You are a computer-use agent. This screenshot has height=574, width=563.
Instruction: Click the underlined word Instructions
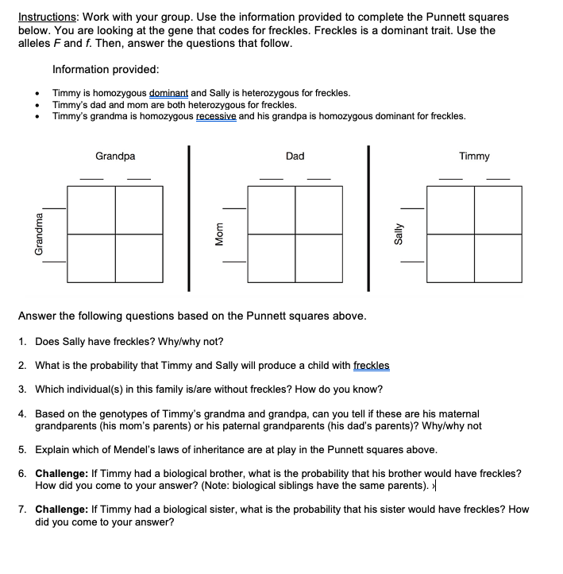(45, 17)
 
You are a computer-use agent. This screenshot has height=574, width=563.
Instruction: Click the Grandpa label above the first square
(115, 157)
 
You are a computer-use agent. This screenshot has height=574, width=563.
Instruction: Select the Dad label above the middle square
(295, 157)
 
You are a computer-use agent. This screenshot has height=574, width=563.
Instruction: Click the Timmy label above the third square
(474, 157)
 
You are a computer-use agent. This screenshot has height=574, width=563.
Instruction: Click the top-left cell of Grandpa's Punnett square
(91, 210)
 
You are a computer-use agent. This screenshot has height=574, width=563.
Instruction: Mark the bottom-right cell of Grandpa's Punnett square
(139, 258)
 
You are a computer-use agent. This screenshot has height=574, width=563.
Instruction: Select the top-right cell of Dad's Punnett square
(319, 210)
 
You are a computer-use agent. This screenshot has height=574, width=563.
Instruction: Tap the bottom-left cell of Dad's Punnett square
(272, 258)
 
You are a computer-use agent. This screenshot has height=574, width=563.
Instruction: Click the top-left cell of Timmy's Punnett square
(451, 210)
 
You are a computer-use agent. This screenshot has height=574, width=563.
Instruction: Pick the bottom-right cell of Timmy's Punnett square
(499, 258)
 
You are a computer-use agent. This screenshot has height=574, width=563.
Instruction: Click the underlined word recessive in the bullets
(215, 116)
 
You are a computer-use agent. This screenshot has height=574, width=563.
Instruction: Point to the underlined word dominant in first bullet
(168, 93)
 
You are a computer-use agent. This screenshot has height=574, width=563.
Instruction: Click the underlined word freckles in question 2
(371, 366)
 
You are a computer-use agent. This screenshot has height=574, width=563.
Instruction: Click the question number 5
(22, 448)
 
